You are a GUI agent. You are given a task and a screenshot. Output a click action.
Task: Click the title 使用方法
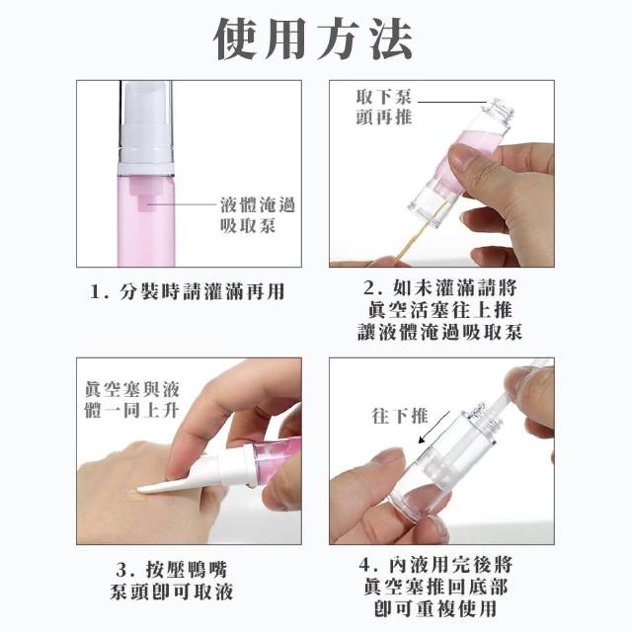pos(313,39)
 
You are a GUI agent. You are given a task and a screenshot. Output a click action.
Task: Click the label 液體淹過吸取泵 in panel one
pos(258,215)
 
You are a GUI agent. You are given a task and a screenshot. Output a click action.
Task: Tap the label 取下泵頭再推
pos(384,108)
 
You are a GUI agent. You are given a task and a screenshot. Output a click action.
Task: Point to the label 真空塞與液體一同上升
pos(131,400)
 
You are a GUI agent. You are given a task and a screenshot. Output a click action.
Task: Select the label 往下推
pos(399,417)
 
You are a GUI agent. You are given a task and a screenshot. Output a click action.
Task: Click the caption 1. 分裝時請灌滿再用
pos(187,291)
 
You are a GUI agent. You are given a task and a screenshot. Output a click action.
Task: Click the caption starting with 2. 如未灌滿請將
pos(440,310)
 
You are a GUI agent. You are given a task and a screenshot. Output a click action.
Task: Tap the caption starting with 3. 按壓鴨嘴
pos(172,582)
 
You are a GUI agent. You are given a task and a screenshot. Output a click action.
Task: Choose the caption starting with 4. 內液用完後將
pos(435,587)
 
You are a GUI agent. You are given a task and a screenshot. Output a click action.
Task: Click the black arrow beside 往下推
pos(434,428)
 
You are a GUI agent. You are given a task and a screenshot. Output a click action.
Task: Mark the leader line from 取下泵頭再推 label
pos(452,102)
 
